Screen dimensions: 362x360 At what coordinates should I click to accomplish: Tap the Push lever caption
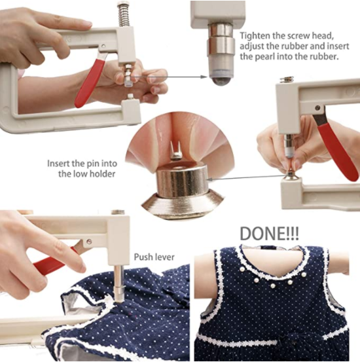[154, 257]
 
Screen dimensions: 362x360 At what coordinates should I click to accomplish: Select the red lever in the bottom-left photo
[56, 260]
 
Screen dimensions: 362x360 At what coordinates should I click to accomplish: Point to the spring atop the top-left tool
[122, 14]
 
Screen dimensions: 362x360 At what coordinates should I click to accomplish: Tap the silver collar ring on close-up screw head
[221, 45]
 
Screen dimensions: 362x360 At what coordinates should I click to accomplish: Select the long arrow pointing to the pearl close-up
[170, 77]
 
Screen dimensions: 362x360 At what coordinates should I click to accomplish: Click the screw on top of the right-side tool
[285, 79]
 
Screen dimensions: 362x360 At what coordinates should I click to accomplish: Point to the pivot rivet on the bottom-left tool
[82, 247]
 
